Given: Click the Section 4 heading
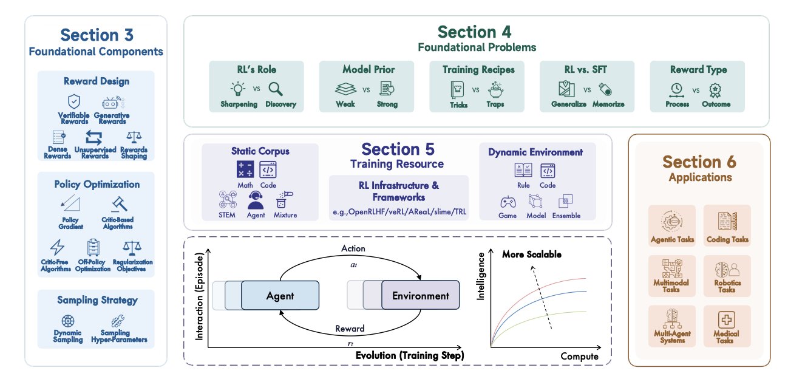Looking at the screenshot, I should pyautogui.click(x=474, y=32).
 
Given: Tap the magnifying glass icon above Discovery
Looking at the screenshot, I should pyautogui.click(x=276, y=89).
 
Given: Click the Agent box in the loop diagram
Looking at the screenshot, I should pyautogui.click(x=280, y=296).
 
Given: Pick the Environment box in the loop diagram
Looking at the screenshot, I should pyautogui.click(x=421, y=296).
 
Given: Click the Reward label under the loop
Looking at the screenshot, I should pyautogui.click(x=350, y=329).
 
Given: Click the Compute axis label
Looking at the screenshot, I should pyautogui.click(x=579, y=356).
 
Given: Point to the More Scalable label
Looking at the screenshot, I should pyautogui.click(x=531, y=254).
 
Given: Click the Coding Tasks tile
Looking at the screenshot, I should pyautogui.click(x=727, y=225).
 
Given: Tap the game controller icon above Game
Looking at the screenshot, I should pyautogui.click(x=508, y=202).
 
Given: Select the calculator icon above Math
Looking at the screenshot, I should pyautogui.click(x=245, y=169).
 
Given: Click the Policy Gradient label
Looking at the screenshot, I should pyautogui.click(x=70, y=223).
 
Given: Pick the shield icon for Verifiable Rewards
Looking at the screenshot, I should pyautogui.click(x=74, y=101).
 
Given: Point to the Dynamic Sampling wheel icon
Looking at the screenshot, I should pyautogui.click(x=68, y=321).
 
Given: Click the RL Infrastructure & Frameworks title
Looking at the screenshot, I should pyautogui.click(x=399, y=191).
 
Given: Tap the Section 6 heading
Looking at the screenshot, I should pyautogui.click(x=699, y=162).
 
